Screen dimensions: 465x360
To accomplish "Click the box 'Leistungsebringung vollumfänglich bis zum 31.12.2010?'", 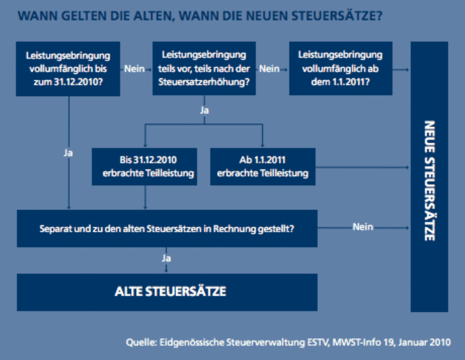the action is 68,69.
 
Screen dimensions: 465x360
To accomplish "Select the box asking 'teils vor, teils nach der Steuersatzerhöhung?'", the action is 204,69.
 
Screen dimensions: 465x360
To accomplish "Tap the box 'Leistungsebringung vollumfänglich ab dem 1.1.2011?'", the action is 341,69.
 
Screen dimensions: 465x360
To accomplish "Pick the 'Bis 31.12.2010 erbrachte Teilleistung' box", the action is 144,167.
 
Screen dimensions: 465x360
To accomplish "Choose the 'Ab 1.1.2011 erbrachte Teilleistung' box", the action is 263,167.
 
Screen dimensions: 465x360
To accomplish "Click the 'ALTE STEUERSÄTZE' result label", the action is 171,291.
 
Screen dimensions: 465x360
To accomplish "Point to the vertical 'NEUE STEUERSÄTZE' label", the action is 429,181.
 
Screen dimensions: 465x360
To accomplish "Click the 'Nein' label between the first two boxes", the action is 134,69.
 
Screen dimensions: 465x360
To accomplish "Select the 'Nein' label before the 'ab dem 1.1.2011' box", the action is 269,69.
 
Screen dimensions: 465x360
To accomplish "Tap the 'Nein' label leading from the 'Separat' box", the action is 363,227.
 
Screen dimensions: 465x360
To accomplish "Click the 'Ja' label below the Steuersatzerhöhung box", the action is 204,111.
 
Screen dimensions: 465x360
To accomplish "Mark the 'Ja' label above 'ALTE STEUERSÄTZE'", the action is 166,258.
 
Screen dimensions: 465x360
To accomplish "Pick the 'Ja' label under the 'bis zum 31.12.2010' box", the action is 68,153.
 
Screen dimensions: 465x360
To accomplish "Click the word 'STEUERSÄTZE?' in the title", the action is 337,16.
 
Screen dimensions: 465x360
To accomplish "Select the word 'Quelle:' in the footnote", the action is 141,342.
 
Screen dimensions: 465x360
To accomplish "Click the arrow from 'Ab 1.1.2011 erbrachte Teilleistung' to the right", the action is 362,167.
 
